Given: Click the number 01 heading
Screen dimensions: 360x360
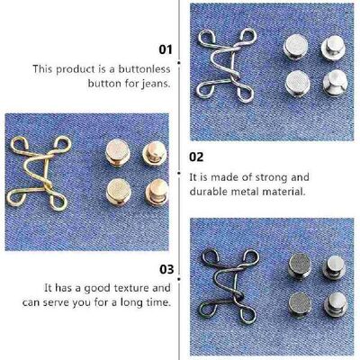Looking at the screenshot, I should (165, 50).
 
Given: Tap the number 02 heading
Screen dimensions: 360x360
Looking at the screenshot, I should (195, 156).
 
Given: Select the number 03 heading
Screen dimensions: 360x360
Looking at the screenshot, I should (165, 268).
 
